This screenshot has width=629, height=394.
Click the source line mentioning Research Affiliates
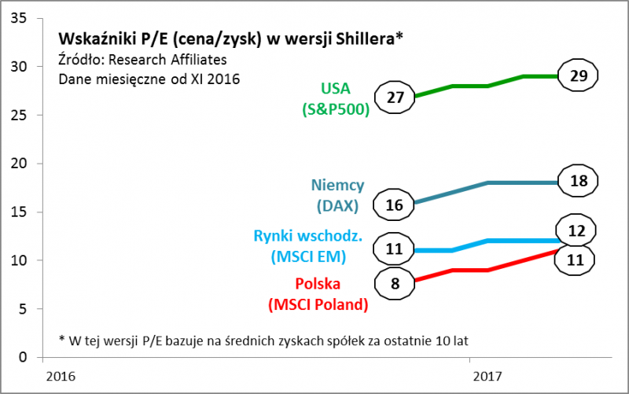click(142, 60)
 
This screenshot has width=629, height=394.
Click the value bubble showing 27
click(395, 98)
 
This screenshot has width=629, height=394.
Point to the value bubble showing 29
click(579, 76)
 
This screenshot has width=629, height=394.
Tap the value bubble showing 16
click(395, 204)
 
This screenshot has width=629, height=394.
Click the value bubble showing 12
click(579, 230)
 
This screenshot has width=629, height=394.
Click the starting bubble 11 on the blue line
click(395, 250)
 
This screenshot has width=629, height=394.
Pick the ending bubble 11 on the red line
click(579, 259)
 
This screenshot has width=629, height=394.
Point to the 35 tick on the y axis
click(17, 18)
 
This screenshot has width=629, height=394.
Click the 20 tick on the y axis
click(17, 164)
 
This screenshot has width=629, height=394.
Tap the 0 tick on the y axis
click(21, 357)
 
